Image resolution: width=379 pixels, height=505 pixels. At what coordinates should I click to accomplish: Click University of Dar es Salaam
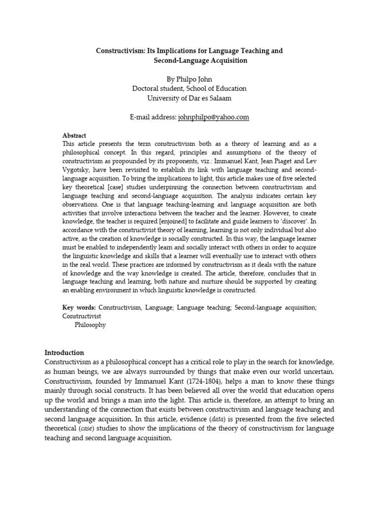(x=190, y=98)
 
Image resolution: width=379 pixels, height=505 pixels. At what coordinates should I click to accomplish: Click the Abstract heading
(x=74, y=135)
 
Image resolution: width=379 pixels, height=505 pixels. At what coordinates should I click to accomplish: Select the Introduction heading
(x=65, y=353)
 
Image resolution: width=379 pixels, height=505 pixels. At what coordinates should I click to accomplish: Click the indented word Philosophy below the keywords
(x=90, y=325)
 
